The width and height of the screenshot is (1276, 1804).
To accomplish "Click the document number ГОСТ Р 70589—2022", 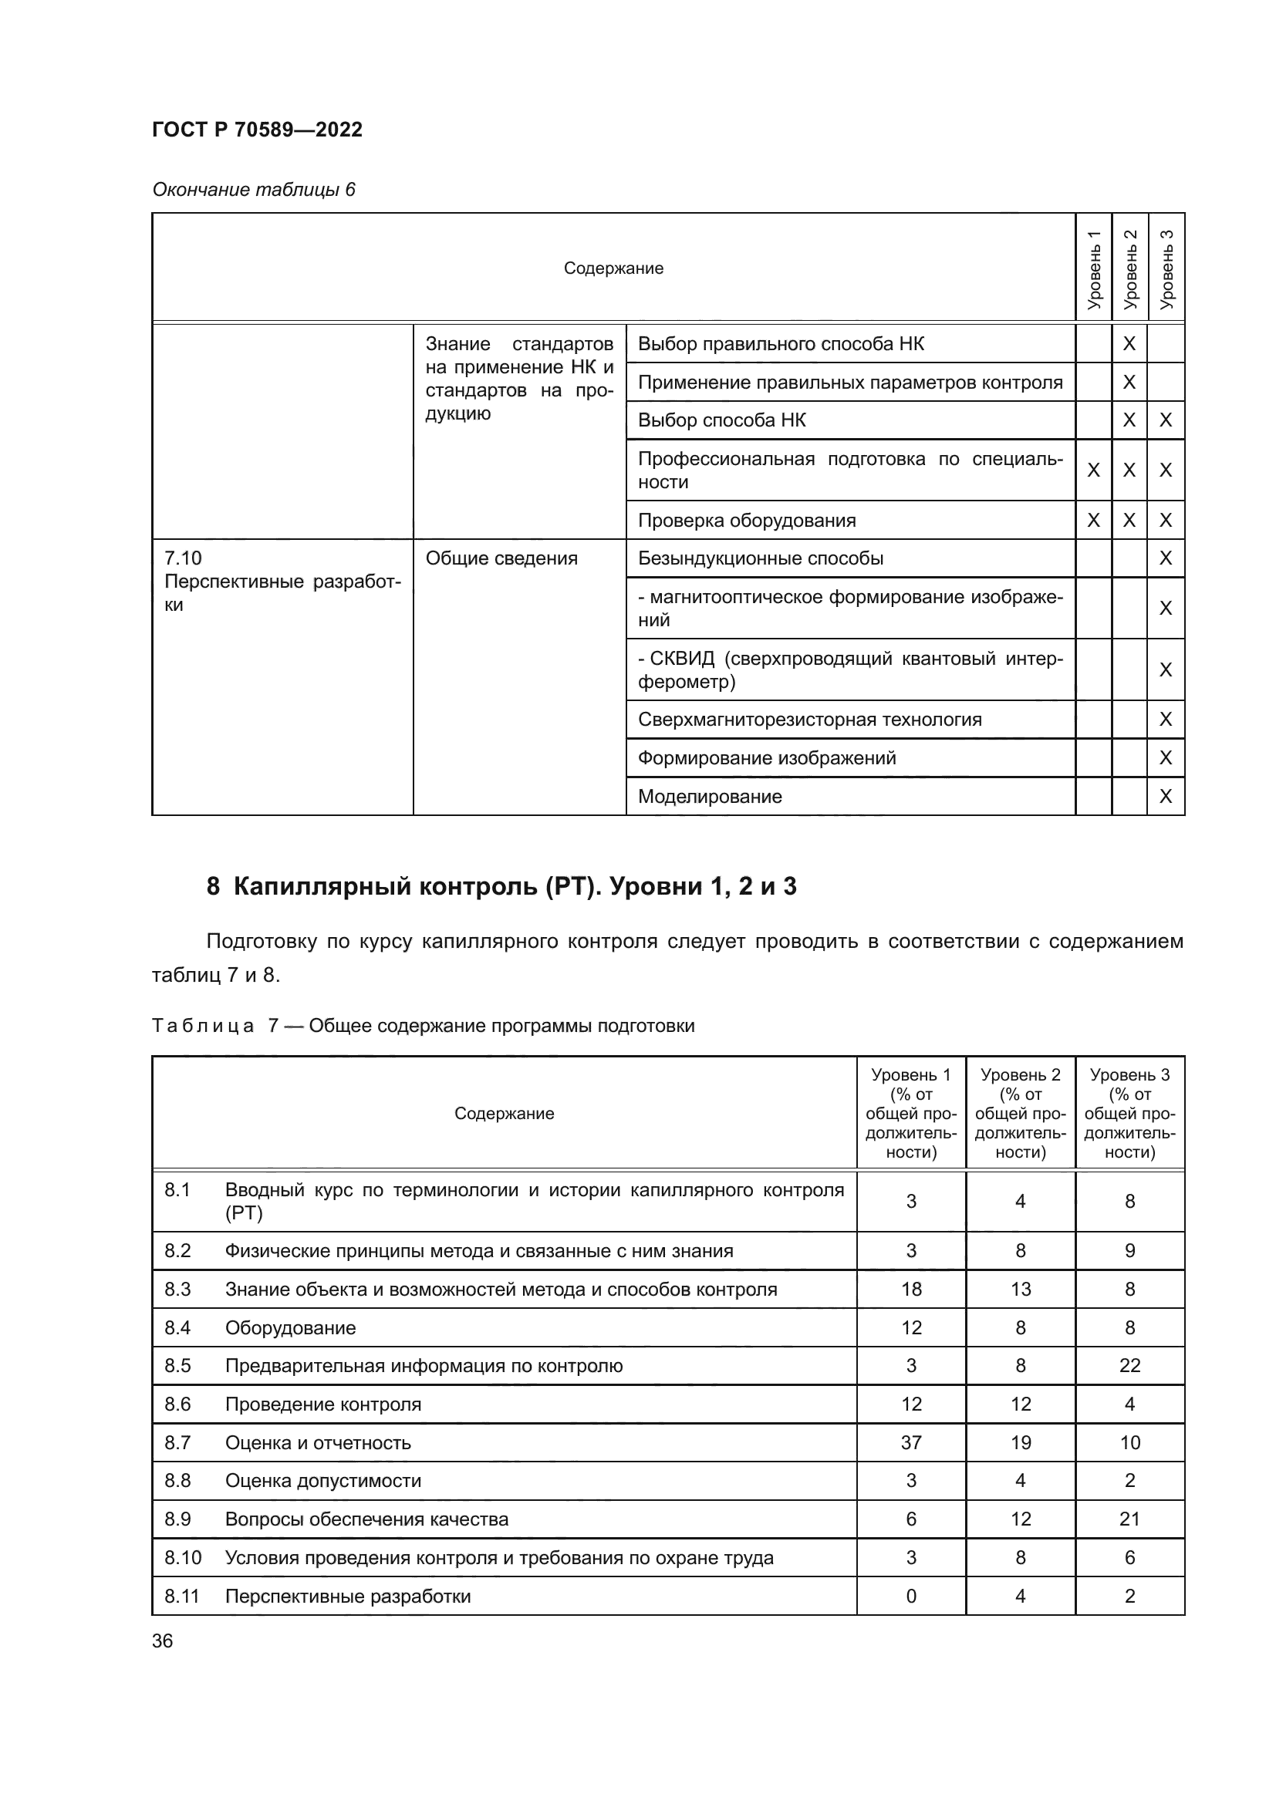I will pyautogui.click(x=257, y=130).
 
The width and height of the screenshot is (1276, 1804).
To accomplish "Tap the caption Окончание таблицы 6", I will pyautogui.click(x=253, y=190).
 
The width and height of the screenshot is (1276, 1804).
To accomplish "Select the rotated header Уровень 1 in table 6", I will pyautogui.click(x=1093, y=268).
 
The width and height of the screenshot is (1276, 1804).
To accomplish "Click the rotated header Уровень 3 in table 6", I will pyautogui.click(x=1166, y=268).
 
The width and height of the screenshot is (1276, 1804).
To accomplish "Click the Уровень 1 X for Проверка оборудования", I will pyautogui.click(x=1093, y=520).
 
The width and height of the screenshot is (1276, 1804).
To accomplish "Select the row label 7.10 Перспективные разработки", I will pyautogui.click(x=282, y=582).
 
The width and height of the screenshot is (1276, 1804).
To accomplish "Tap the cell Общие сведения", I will pyautogui.click(x=501, y=558).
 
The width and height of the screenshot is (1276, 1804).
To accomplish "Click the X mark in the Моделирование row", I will pyautogui.click(x=1165, y=797).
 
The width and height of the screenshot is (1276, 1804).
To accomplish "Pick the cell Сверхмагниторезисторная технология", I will pyautogui.click(x=809, y=720).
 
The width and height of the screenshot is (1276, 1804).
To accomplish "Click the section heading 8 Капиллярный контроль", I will pyautogui.click(x=501, y=886).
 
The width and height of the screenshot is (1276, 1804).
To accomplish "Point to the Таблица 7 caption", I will pyautogui.click(x=423, y=1026).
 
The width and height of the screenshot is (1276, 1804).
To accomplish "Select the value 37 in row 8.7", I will pyautogui.click(x=910, y=1442).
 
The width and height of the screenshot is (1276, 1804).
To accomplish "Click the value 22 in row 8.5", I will pyautogui.click(x=1129, y=1366).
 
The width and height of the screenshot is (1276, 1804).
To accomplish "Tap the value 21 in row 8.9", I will pyautogui.click(x=1129, y=1519).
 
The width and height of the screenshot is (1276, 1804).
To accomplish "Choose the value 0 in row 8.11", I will pyautogui.click(x=910, y=1596).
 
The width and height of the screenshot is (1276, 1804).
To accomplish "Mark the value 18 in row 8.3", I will pyautogui.click(x=910, y=1290).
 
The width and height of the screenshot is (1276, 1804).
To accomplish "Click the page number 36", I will pyautogui.click(x=163, y=1640).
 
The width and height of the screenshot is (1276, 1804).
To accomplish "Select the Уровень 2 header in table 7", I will pyautogui.click(x=1020, y=1114).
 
